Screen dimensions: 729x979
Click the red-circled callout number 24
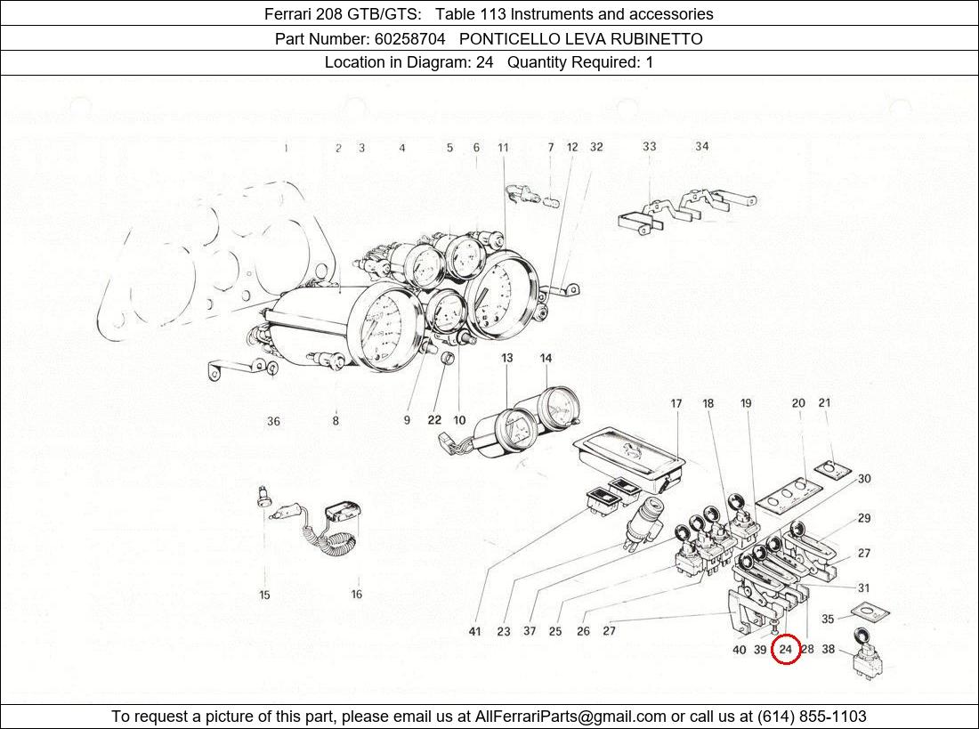tap(786, 650)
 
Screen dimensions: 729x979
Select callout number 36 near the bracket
tap(273, 421)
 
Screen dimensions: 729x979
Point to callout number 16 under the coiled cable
tap(357, 595)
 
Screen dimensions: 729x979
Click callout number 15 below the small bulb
tap(264, 595)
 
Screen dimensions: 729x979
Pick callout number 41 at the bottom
tap(474, 632)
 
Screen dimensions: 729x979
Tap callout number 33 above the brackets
tap(650, 147)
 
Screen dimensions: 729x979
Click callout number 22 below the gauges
tap(433, 420)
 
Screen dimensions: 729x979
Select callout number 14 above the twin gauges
tap(546, 358)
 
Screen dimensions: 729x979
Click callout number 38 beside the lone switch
tap(828, 650)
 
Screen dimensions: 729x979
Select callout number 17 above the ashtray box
tap(676, 404)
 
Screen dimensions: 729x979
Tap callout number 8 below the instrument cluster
tap(336, 421)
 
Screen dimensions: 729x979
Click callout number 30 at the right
tap(864, 479)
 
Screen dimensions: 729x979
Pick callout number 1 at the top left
tap(286, 148)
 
